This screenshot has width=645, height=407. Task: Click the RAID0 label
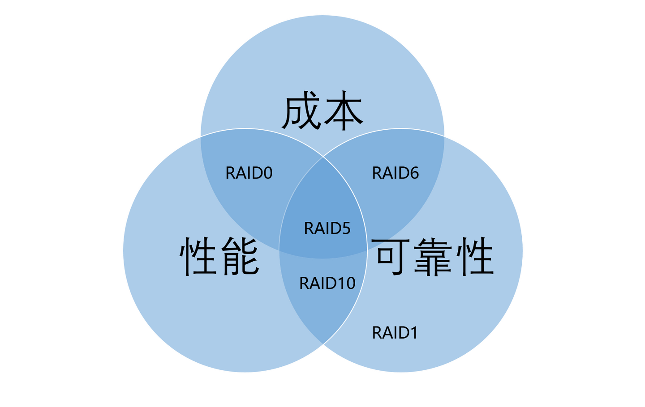click(249, 173)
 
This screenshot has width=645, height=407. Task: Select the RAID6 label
click(396, 173)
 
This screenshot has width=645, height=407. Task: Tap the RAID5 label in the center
click(327, 228)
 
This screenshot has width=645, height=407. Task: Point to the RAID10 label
click(327, 283)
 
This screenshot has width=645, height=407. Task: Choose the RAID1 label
click(395, 333)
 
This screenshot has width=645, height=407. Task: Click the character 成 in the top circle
click(301, 110)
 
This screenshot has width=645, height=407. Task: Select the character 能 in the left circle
click(241, 256)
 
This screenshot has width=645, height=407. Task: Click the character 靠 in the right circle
click(433, 256)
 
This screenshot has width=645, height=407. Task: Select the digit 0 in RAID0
click(268, 173)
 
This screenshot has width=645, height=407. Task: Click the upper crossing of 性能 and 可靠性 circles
click(323, 157)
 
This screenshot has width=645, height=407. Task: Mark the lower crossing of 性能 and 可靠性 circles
click(323, 344)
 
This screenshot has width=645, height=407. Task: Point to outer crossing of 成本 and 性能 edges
click(201, 136)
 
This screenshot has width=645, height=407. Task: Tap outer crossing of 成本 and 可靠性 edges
click(444, 136)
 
